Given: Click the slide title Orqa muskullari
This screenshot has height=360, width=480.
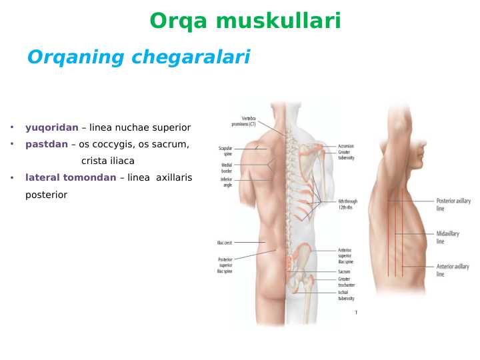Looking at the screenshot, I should click(245, 21).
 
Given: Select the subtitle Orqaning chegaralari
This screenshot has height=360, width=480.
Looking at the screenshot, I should click(138, 57).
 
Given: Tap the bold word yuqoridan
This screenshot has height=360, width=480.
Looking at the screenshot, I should click(52, 127).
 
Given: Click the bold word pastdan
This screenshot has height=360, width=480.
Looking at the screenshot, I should click(47, 144).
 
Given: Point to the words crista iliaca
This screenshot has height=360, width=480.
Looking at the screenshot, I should click(108, 161).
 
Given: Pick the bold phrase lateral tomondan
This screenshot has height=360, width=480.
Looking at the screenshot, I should click(71, 177).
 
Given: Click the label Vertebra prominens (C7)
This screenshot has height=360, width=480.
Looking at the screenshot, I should click(243, 121).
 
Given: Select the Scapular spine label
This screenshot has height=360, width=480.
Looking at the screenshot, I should click(225, 151).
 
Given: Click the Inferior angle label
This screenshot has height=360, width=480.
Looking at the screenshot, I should click(227, 181).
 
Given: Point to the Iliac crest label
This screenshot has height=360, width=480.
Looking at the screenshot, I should click(224, 243).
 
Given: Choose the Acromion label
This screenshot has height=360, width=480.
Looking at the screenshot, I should click(346, 146).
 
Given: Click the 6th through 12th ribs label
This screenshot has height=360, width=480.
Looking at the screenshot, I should click(347, 204).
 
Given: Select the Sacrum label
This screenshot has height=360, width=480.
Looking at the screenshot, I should click(344, 272).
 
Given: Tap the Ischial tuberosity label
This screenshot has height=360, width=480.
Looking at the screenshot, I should click(346, 296).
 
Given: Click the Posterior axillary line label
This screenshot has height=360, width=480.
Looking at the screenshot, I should click(453, 204).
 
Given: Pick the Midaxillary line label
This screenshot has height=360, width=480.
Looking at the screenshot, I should click(447, 237).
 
